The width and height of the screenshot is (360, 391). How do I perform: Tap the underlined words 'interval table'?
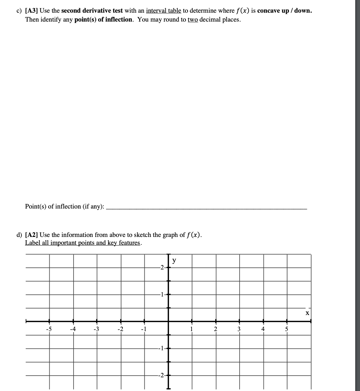tap(164, 11)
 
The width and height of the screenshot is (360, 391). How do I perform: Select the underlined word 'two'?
tap(193, 19)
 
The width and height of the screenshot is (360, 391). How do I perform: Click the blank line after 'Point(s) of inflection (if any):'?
tap(207, 208)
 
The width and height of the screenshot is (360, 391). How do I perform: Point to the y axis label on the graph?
tap(174, 261)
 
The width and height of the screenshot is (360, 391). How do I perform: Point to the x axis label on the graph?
tap(307, 313)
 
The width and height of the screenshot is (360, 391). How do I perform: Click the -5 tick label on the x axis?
tap(49, 329)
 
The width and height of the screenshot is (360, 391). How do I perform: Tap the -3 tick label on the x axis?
tap(96, 329)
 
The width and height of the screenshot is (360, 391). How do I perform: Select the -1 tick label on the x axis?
tap(144, 329)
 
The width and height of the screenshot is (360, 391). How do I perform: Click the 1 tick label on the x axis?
tap(192, 329)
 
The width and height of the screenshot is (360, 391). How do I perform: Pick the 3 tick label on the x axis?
tap(239, 329)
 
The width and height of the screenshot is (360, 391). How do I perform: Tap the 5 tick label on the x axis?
tap(287, 329)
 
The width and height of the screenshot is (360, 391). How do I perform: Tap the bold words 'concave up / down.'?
tap(284, 11)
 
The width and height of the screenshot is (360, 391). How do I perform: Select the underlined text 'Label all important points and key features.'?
tap(83, 243)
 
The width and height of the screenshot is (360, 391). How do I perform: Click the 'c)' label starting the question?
tap(20, 11)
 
